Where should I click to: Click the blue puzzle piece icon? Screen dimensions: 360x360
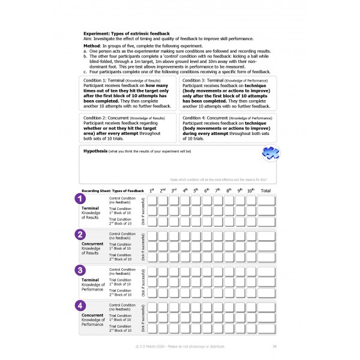coord(269,154)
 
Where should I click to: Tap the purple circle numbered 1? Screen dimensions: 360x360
coord(79,199)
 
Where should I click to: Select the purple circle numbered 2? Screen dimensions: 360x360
coord(79,235)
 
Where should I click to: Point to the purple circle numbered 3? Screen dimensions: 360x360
coord(79,270)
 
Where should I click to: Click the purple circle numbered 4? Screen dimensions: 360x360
coord(79,305)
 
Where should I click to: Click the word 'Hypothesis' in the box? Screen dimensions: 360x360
coord(95,151)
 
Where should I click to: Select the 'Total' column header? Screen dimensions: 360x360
coord(266,190)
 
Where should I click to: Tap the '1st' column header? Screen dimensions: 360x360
coord(152,190)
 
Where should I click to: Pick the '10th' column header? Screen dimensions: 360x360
coord(250,190)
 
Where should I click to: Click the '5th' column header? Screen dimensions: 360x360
coord(196,190)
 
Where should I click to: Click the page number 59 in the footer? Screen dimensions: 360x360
coord(274,346)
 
